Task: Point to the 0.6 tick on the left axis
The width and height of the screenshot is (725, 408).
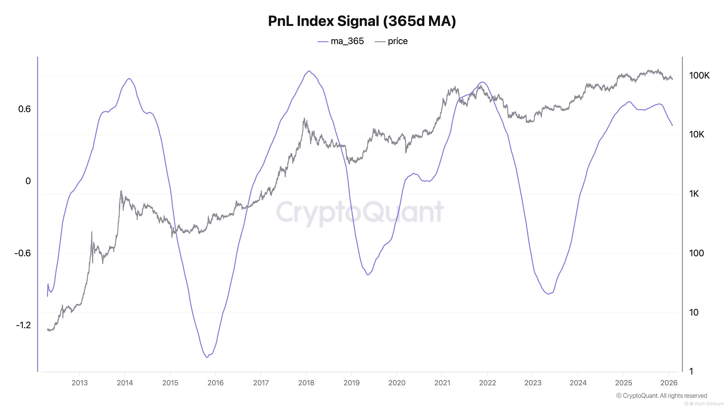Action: pyautogui.click(x=24, y=109)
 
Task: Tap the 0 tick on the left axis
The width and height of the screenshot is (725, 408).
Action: pyautogui.click(x=28, y=181)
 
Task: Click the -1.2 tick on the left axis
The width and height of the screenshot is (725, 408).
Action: pyautogui.click(x=23, y=325)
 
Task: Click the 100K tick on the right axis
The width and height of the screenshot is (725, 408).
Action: pyautogui.click(x=699, y=75)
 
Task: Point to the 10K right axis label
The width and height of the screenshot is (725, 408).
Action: pyautogui.click(x=697, y=135)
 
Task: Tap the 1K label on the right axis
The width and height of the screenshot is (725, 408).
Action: pyautogui.click(x=694, y=194)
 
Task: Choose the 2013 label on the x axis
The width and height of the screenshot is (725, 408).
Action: pyautogui.click(x=80, y=383)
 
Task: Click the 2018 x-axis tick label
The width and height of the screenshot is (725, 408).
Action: pyautogui.click(x=306, y=383)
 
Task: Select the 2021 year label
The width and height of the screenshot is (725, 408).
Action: pyautogui.click(x=442, y=383)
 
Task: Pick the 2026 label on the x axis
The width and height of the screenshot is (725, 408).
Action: pyautogui.click(x=669, y=383)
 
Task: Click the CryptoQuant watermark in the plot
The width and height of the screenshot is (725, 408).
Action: pyautogui.click(x=360, y=212)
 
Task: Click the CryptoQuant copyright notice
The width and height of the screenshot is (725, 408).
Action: pyautogui.click(x=661, y=396)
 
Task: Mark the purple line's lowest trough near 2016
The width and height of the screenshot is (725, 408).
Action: pyautogui.click(x=207, y=357)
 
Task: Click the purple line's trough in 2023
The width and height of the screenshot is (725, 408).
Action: pyautogui.click(x=548, y=294)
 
